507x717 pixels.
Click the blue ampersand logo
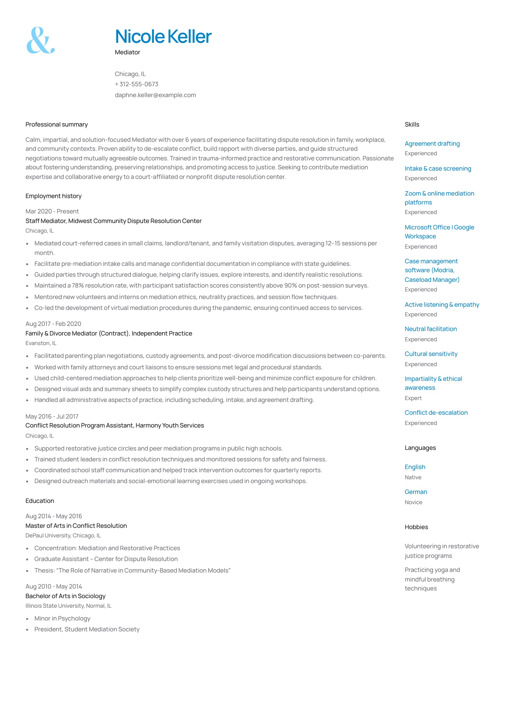coord(40,40)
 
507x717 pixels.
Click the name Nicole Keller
coord(163,36)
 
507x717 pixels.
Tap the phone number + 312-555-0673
coord(137,84)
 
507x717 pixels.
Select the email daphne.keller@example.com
coord(155,95)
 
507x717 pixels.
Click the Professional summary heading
coord(57,125)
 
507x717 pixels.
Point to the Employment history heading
coord(53,196)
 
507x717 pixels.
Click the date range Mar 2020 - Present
coord(52,212)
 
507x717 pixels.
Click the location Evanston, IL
coord(41,343)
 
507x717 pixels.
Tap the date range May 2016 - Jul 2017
coord(52,417)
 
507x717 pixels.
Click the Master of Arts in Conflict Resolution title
coord(76,526)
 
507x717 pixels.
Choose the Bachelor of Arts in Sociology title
coord(65,596)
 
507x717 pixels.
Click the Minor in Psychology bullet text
coord(62,619)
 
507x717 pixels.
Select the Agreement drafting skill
coord(432,144)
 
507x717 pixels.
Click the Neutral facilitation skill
coord(431,329)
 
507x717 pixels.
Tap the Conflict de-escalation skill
coord(436,413)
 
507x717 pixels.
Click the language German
coord(416,492)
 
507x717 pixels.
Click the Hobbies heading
coord(416,527)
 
